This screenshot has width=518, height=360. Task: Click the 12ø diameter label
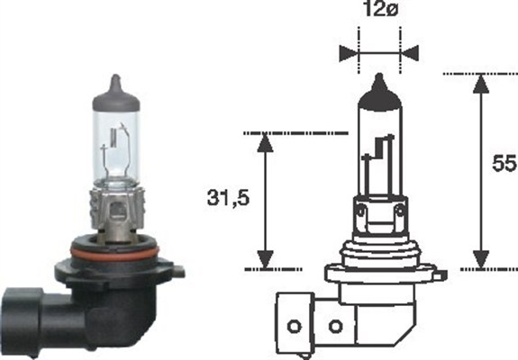pyautogui.click(x=378, y=13)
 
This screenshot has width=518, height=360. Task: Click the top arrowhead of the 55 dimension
pyautogui.click(x=483, y=83)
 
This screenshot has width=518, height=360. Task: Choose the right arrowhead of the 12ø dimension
pyautogui.click(x=410, y=51)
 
